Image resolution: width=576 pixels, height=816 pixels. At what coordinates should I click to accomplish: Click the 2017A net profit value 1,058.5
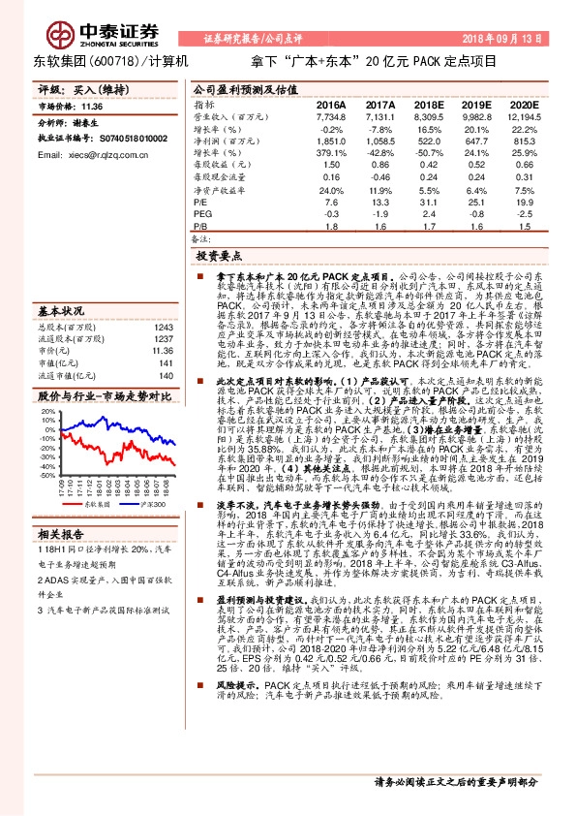pos(379,141)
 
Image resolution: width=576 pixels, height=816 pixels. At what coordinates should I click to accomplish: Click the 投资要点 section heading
pos(218,257)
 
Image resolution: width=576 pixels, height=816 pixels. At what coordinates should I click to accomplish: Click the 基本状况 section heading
pos(58,310)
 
